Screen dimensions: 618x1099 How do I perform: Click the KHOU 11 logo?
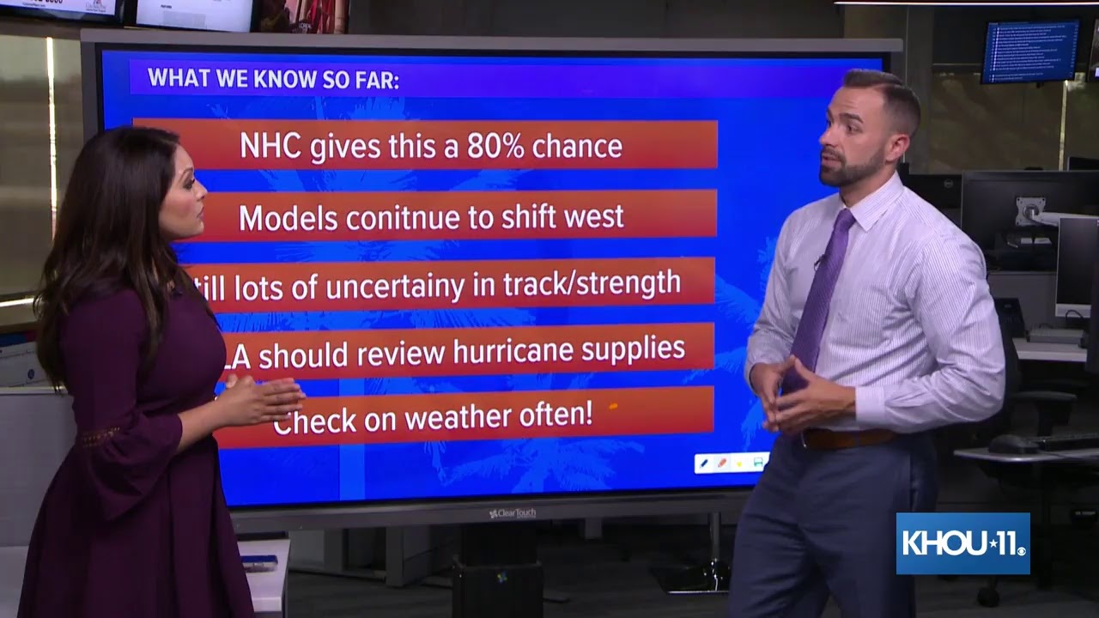click(x=962, y=543)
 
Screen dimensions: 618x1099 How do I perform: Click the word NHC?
click(x=270, y=147)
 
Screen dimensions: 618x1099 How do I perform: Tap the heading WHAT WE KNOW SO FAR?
click(x=273, y=79)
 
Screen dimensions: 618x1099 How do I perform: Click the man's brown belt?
click(x=848, y=438)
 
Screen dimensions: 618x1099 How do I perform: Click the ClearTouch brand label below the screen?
click(x=513, y=513)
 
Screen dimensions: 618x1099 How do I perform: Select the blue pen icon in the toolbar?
click(x=704, y=463)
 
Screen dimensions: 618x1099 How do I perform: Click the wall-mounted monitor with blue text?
click(x=1029, y=51)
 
